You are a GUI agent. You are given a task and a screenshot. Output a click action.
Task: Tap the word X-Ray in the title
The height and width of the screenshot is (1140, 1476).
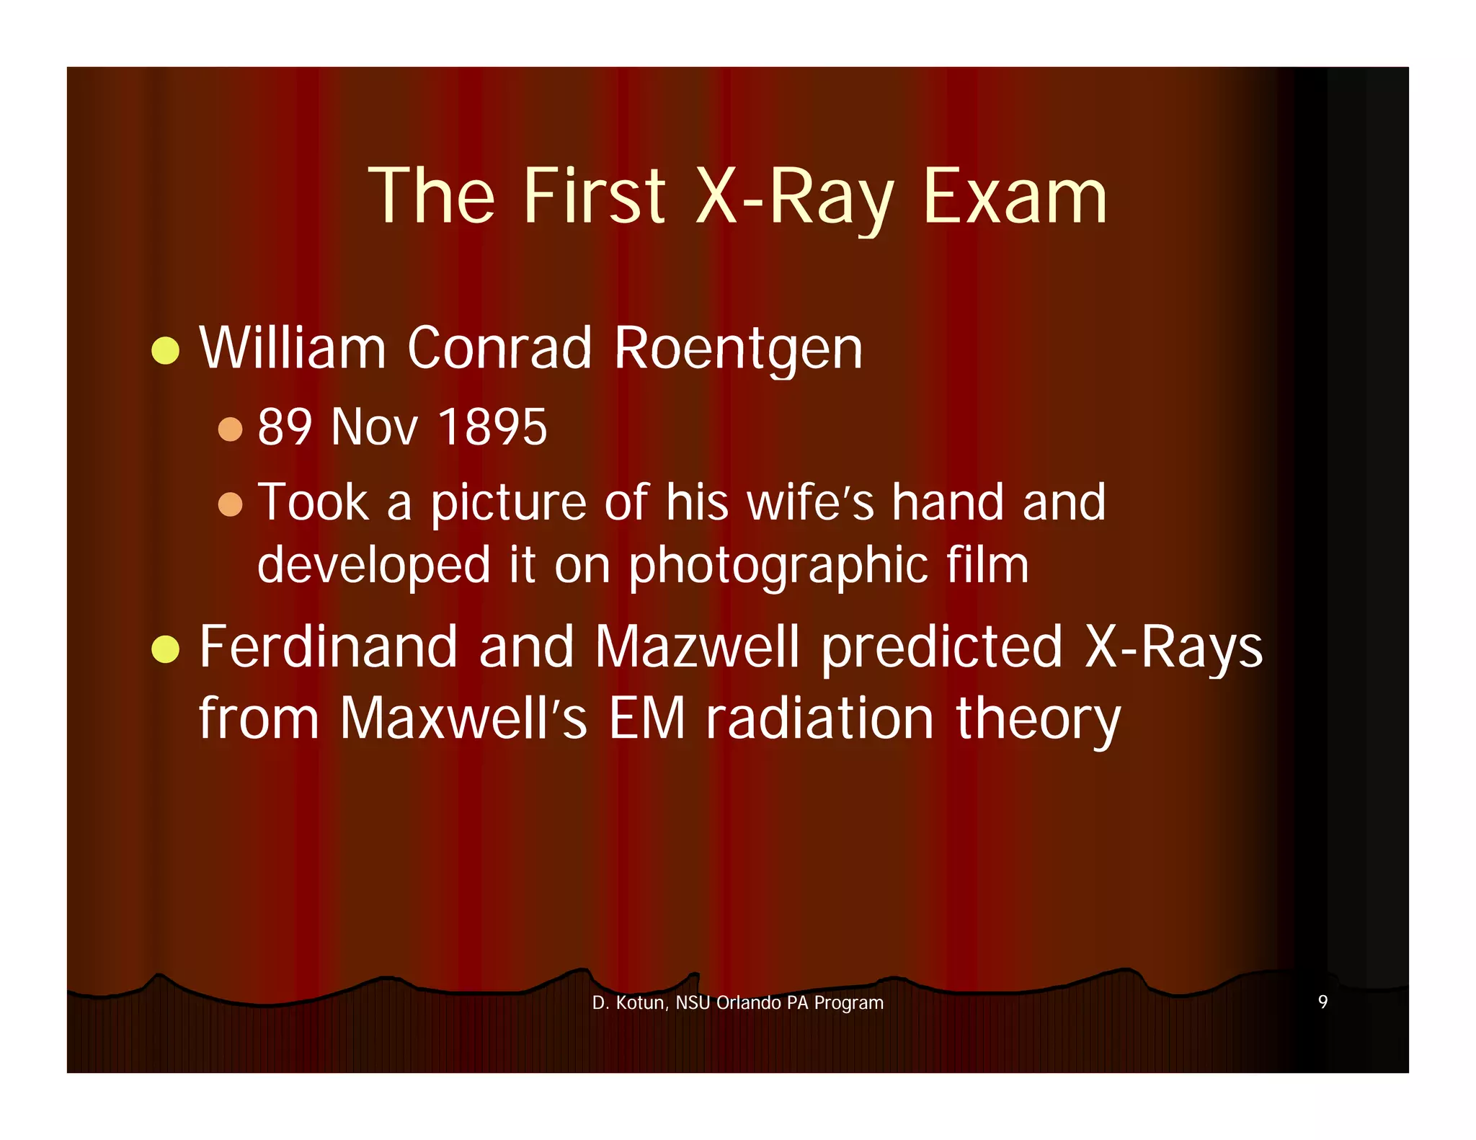(x=796, y=196)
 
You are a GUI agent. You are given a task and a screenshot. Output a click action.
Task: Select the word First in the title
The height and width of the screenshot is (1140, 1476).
(x=594, y=196)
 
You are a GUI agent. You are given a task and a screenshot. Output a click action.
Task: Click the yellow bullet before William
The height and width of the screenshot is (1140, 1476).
(x=166, y=350)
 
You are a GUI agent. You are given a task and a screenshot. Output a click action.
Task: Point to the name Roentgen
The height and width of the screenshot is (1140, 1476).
(x=738, y=349)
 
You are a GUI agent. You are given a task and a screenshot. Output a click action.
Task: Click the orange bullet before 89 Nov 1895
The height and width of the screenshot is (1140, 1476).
(x=230, y=429)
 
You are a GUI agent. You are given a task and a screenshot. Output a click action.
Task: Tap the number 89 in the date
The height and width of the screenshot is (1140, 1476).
(x=285, y=427)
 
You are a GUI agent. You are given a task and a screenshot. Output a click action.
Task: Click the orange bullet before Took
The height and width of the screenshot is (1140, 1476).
(x=230, y=504)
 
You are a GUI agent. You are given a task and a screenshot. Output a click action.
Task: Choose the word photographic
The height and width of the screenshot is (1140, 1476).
(x=778, y=566)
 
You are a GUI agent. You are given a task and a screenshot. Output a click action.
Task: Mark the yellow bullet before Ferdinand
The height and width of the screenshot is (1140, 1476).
(x=166, y=649)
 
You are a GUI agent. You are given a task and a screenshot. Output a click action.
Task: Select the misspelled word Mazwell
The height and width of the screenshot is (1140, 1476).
(x=697, y=647)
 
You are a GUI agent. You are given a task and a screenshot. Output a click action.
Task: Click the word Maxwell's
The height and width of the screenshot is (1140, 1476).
(x=463, y=718)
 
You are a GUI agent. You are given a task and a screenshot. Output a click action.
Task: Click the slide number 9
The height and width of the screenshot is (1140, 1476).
(x=1322, y=1002)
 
